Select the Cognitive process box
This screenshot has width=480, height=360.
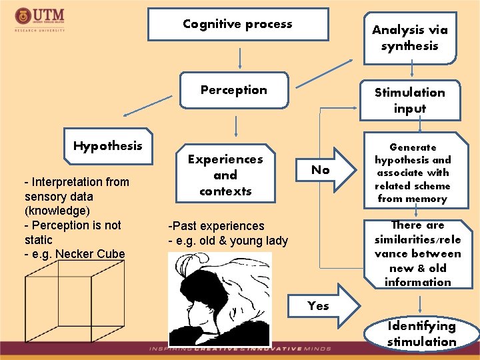pos(238,25)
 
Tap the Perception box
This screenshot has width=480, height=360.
pos(234,90)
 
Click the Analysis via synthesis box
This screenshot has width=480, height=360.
pos(409,38)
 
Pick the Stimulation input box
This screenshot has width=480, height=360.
pos(409,101)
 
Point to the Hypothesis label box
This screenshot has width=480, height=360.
pos(108,146)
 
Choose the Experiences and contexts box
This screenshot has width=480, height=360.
pos(225,175)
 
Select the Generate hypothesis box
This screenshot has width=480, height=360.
pos(413,173)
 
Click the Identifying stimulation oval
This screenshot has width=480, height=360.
pos(421,334)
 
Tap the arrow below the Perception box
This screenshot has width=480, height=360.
pos(236,126)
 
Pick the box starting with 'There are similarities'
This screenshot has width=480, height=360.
pos(417,254)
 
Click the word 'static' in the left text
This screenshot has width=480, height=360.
pos(38,239)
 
